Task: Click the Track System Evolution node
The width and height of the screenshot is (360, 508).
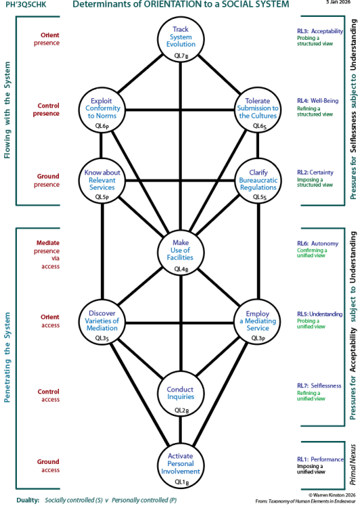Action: [x=180, y=37]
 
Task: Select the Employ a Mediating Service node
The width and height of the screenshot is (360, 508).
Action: [x=258, y=320]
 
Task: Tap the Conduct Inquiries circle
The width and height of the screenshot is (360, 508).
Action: [x=180, y=394]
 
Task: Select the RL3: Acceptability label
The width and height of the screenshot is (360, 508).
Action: [x=319, y=31]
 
